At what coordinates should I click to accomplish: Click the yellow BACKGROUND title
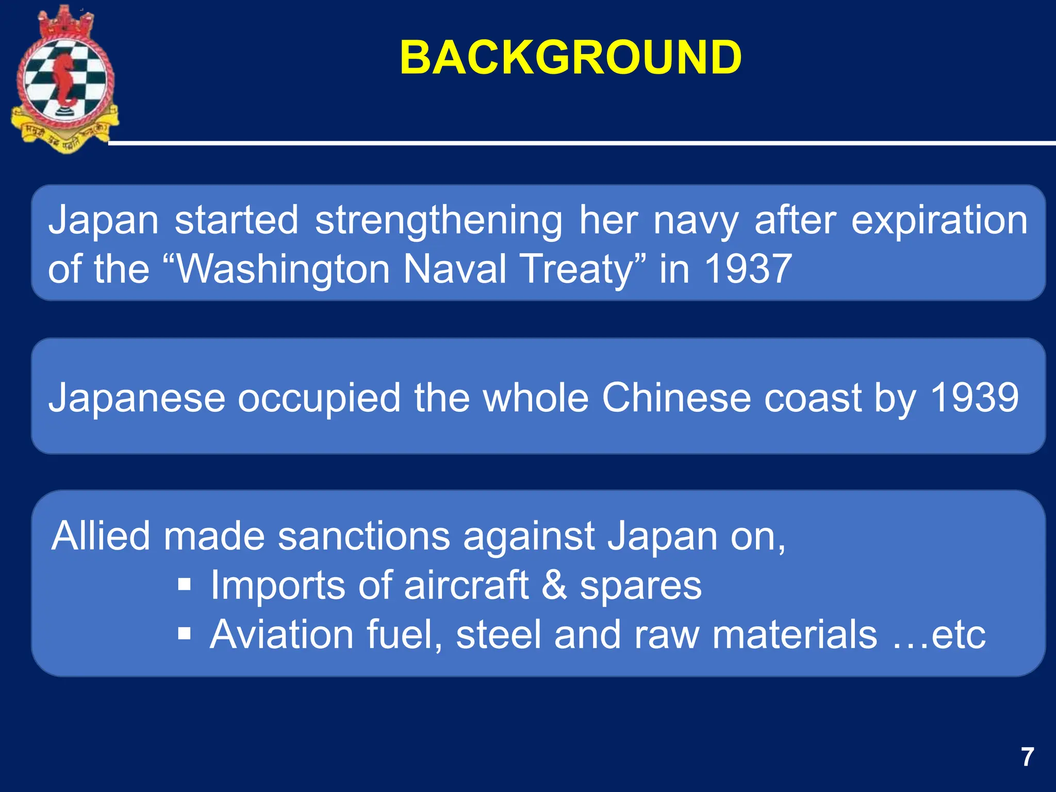[x=570, y=58]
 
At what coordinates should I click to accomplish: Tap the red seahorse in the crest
[x=65, y=80]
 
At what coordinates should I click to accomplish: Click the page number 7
[x=1028, y=757]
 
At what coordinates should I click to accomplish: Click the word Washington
[x=283, y=269]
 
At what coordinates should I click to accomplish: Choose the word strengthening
[x=438, y=221]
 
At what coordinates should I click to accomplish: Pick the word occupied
[x=319, y=398]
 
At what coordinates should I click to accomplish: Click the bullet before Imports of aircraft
[x=184, y=585]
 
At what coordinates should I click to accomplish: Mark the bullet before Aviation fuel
[x=184, y=633]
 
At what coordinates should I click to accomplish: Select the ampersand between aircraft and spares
[x=554, y=585]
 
